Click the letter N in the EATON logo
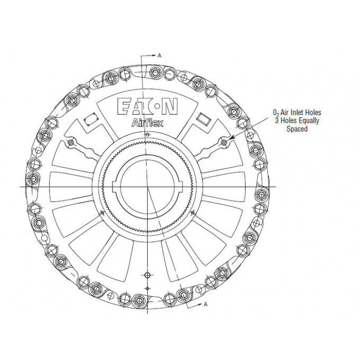coord(170,106)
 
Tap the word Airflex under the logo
coord(148,122)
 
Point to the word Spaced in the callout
coord(297,129)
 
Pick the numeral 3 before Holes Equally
coord(277,120)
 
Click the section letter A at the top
coord(159,56)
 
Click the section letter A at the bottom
coord(206,304)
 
